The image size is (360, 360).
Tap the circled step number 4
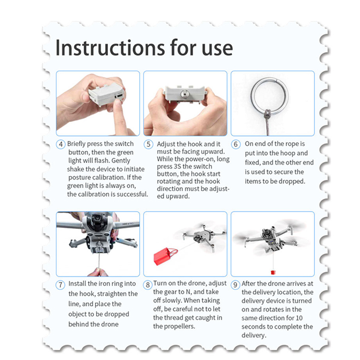pos(60,144)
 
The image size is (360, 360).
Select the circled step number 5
pos(148,144)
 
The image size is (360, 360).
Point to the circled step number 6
pos(236,144)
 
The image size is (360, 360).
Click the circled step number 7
pos(60,285)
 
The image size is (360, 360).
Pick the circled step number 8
pos(148,285)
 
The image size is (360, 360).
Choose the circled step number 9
pos(235,285)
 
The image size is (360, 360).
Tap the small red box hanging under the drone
pos(273,272)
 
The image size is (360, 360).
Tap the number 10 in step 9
pos(299,318)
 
